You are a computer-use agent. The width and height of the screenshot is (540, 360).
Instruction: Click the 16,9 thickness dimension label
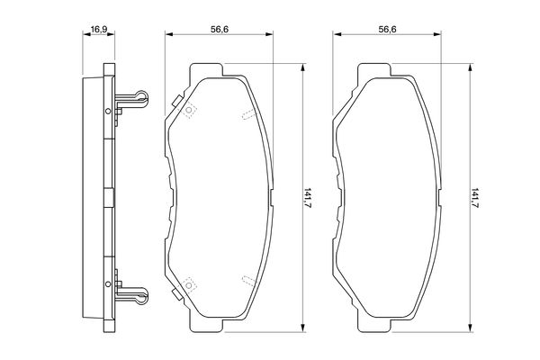pyautogui.click(x=98, y=30)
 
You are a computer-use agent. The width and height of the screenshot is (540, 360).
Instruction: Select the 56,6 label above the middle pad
pyautogui.click(x=220, y=30)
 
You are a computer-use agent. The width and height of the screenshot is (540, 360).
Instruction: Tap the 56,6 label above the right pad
pyautogui.click(x=387, y=30)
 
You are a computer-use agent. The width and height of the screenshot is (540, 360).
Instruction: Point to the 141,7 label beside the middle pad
pyautogui.click(x=308, y=197)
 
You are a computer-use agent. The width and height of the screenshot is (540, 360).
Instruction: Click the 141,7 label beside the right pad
pyautogui.click(x=475, y=197)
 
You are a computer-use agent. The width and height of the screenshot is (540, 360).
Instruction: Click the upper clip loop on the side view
pyautogui.click(x=141, y=96)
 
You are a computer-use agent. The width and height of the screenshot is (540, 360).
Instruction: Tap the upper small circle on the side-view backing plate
pyautogui.click(x=108, y=111)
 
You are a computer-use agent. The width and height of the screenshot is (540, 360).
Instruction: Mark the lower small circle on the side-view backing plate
pyautogui.click(x=108, y=283)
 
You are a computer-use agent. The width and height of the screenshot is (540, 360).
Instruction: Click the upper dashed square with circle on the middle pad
pyautogui.click(x=189, y=110)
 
